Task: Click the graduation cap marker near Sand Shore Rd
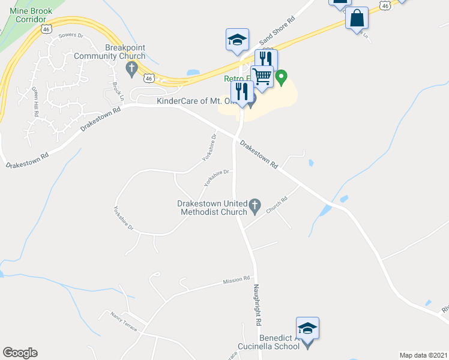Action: click(237, 40)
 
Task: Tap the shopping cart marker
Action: click(262, 77)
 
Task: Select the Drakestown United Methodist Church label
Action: click(212, 207)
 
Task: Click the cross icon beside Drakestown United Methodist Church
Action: click(255, 206)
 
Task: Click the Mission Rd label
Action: click(235, 280)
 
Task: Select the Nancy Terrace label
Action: click(123, 322)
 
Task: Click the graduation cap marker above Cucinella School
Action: click(307, 328)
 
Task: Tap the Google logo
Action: click(20, 353)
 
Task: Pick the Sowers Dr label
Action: click(70, 36)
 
